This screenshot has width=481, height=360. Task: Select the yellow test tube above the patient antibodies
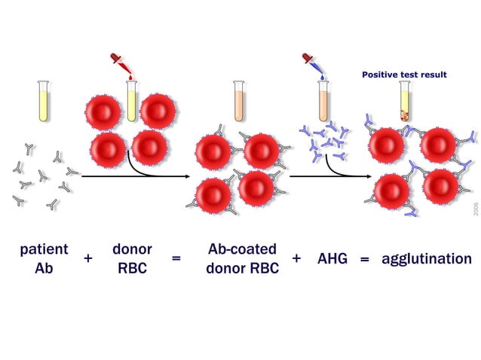(43, 101)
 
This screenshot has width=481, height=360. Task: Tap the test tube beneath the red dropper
(132, 102)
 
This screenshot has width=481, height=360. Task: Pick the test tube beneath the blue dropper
(323, 101)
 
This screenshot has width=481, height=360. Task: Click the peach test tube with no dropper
(239, 101)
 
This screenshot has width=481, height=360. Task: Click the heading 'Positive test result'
(404, 75)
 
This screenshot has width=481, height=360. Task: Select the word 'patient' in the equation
(44, 249)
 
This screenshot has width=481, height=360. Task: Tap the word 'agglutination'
(427, 258)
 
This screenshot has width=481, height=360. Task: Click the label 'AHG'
(332, 258)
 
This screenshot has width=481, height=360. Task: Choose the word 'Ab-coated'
(242, 249)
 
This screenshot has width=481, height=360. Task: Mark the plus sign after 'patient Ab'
(88, 258)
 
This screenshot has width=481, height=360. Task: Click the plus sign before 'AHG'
(296, 258)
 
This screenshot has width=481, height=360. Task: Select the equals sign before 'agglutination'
(365, 258)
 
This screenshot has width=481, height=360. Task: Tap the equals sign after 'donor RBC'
(176, 258)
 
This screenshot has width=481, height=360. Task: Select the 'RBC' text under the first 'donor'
(132, 267)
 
